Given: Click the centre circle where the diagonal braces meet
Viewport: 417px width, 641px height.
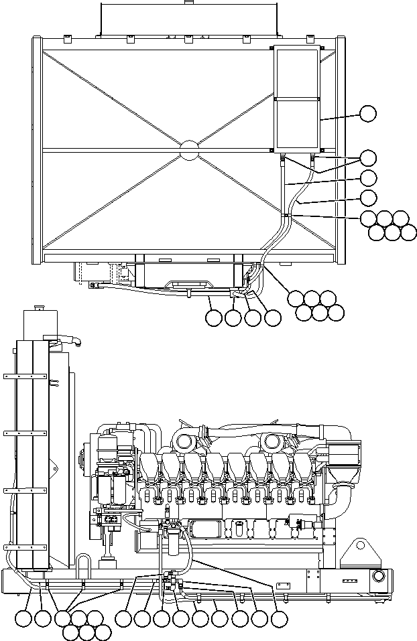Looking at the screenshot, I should tap(189, 150).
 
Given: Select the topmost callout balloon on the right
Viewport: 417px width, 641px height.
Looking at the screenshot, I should tap(367, 113).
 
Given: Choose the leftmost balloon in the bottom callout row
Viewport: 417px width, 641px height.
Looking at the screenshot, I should tap(25, 620).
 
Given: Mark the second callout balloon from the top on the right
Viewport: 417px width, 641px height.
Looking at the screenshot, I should tap(367, 158).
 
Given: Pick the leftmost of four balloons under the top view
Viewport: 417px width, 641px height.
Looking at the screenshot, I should tap(214, 319).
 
